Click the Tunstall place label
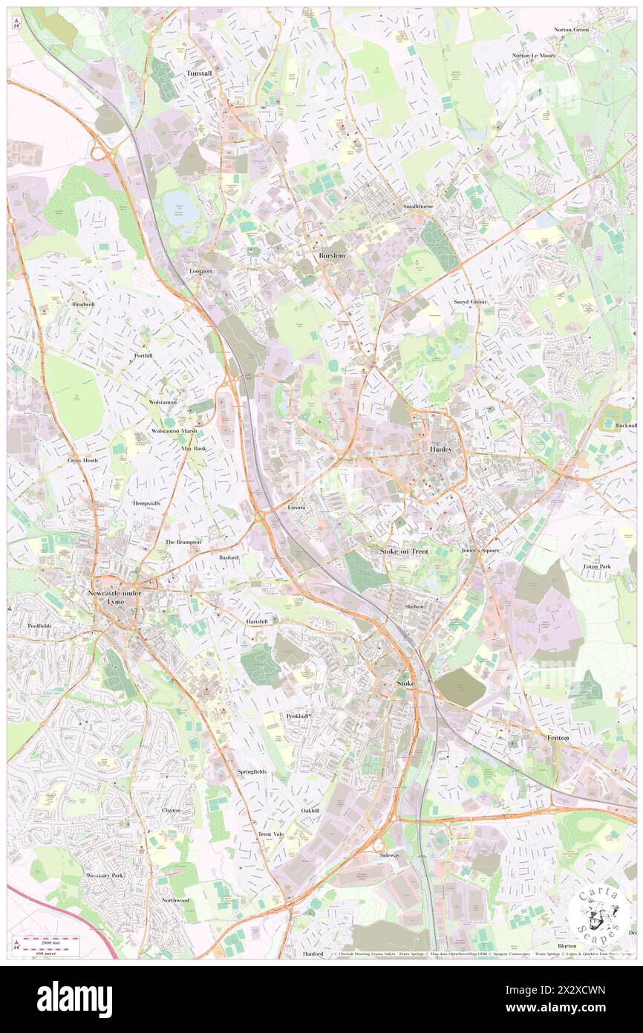click(x=198, y=74)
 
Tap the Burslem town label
click(x=332, y=256)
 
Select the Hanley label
click(x=440, y=450)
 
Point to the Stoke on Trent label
click(x=404, y=551)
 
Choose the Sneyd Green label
click(x=470, y=302)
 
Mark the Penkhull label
click(x=298, y=716)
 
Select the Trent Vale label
click(x=270, y=834)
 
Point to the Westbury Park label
click(x=104, y=875)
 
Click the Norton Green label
click(x=571, y=30)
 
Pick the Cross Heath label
click(x=82, y=460)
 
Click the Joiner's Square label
click(x=480, y=551)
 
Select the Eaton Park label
click(x=596, y=566)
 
